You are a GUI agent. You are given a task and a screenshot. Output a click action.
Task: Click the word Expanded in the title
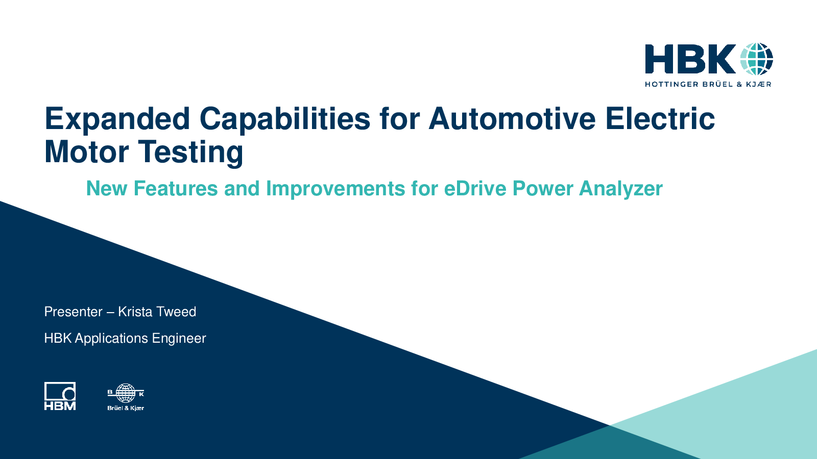[x=117, y=119]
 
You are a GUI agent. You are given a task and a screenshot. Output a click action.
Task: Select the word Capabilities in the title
[x=285, y=119]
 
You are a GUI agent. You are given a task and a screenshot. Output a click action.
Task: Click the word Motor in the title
[x=86, y=151]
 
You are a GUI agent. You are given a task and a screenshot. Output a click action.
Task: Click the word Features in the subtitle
[x=176, y=188]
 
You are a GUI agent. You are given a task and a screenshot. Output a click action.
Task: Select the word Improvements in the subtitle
[x=335, y=189]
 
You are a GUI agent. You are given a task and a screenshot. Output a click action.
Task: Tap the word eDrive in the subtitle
[x=475, y=188]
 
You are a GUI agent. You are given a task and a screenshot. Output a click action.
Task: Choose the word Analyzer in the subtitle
[x=621, y=189]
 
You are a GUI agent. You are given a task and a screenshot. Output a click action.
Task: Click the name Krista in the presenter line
[x=135, y=312]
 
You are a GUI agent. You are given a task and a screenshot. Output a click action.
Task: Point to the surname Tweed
[x=177, y=312]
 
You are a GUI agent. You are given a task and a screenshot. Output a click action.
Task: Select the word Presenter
[x=74, y=312]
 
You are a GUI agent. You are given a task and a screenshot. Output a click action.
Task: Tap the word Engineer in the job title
[x=179, y=339]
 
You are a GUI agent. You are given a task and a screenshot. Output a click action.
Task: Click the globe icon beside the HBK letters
[x=756, y=59]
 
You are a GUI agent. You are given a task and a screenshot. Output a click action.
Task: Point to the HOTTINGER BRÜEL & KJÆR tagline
[x=708, y=84]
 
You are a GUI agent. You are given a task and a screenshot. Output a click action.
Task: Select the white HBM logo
[x=60, y=396]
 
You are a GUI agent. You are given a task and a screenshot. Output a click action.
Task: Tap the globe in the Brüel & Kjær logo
[x=126, y=393]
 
